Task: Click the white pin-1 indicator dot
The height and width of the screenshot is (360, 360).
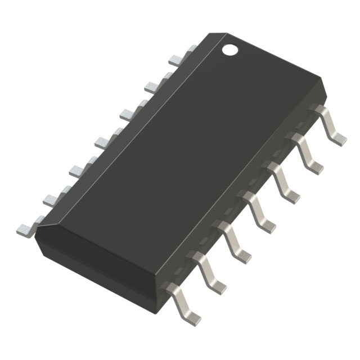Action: [x=230, y=49]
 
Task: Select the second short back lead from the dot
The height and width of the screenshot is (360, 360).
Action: [x=154, y=85]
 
